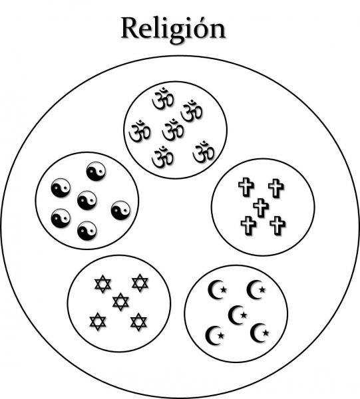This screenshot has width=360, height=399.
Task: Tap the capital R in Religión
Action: (x=130, y=27)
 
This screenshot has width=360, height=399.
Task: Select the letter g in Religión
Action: (x=172, y=33)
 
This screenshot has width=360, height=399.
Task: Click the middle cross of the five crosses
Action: (x=261, y=207)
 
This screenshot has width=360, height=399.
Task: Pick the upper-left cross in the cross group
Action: (x=246, y=188)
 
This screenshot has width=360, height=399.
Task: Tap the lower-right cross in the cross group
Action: (x=277, y=225)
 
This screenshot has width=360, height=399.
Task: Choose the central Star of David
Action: (x=120, y=302)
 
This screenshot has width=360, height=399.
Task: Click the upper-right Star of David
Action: (x=140, y=283)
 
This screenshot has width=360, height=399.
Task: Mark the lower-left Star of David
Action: (x=98, y=322)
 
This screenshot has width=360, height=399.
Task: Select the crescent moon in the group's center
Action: (x=236, y=315)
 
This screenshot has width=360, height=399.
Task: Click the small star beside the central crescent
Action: (x=244, y=315)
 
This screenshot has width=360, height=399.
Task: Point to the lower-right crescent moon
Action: (x=258, y=333)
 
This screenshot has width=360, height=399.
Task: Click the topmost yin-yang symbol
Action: (x=96, y=172)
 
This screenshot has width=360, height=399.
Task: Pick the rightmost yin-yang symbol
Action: (x=120, y=210)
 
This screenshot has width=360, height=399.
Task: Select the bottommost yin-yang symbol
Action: (x=87, y=231)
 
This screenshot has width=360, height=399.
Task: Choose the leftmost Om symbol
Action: (x=140, y=131)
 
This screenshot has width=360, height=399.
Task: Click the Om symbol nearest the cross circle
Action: (x=204, y=152)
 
